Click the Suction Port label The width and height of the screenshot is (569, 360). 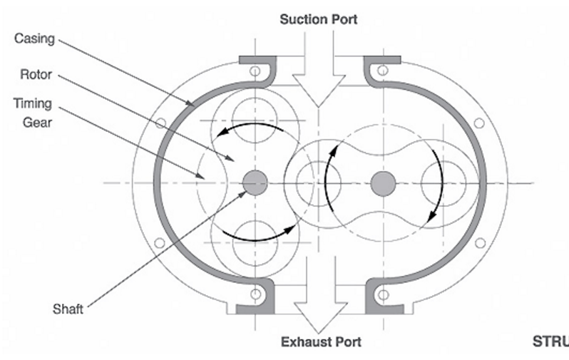pos(319,19)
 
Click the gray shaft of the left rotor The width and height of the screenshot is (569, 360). pos(254,183)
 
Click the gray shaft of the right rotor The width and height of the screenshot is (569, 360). pos(383,183)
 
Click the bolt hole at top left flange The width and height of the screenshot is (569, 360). pos(255,71)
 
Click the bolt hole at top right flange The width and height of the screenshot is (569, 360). pos(383,71)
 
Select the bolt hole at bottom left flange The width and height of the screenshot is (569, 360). pos(255,294)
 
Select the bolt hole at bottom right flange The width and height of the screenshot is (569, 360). pos(383,294)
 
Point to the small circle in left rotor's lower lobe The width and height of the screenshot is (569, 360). pos(255,239)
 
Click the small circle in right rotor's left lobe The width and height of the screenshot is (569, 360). pos(312,183)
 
